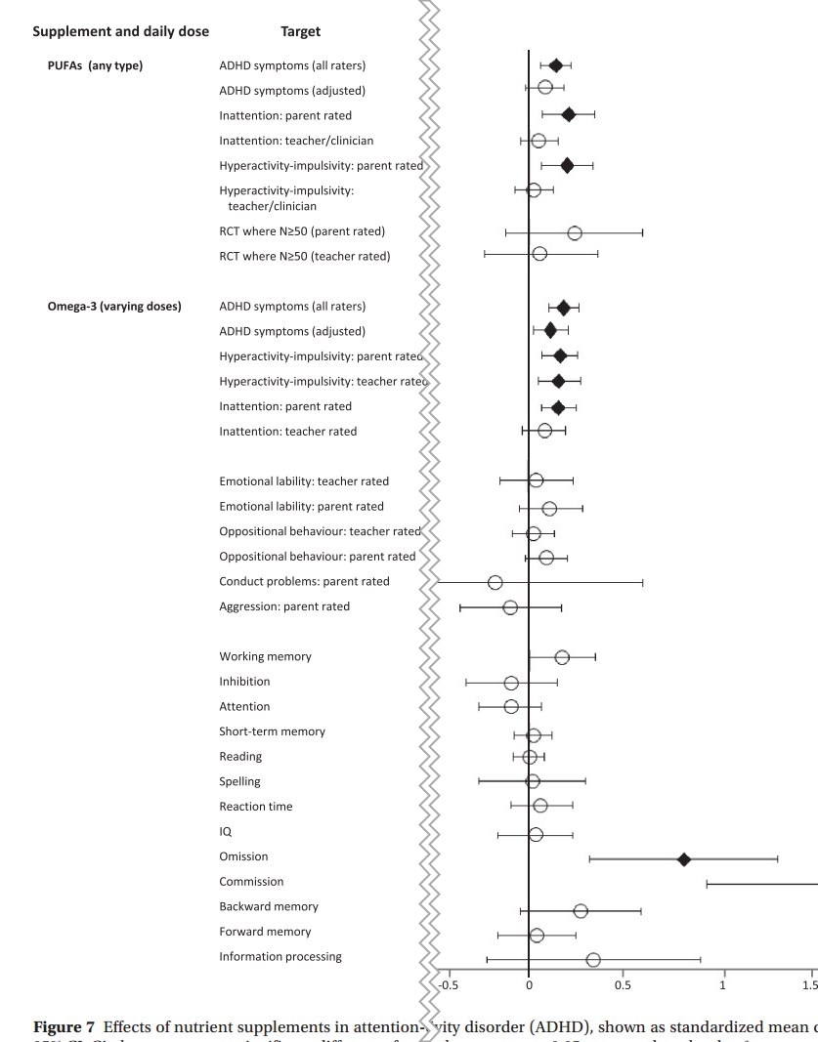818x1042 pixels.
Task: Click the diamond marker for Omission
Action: (684, 859)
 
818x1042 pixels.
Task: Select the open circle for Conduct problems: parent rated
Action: (495, 583)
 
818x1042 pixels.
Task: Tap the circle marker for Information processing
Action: (593, 960)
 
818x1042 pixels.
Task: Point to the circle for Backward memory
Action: (581, 910)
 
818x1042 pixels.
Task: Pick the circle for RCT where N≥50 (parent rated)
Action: (575, 233)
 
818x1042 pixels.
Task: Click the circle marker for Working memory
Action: (562, 658)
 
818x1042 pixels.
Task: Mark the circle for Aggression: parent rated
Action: (510, 607)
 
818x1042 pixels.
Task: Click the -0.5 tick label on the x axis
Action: (449, 984)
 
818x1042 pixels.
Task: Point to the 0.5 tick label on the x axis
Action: (624, 984)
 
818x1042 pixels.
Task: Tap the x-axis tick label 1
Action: (723, 984)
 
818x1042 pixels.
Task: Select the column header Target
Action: (300, 32)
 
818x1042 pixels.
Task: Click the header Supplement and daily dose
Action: (121, 32)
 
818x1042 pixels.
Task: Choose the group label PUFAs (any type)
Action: (95, 66)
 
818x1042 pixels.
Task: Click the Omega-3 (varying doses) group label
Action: (114, 307)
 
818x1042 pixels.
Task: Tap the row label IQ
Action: (226, 832)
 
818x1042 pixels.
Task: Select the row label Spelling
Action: (239, 781)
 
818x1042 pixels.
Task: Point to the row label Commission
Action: (251, 882)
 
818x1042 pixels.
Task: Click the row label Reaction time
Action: (255, 807)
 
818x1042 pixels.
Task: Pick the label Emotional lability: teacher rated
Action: (304, 481)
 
